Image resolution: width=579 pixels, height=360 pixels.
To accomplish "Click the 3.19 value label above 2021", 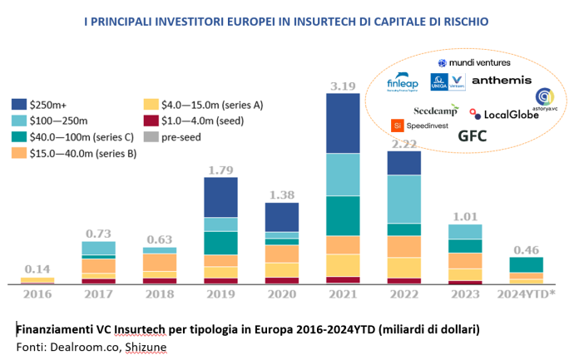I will pos(342,84).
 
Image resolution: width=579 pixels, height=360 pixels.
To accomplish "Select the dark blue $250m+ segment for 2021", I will pos(342,123).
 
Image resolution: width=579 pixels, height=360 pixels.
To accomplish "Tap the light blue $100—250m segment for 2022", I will pos(404,199).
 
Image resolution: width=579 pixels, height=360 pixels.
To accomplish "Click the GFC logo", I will pos(473,136).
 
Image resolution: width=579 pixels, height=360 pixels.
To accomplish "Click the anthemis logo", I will pos(501,81).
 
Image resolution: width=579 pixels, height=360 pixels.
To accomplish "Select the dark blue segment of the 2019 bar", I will pos(220,197).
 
